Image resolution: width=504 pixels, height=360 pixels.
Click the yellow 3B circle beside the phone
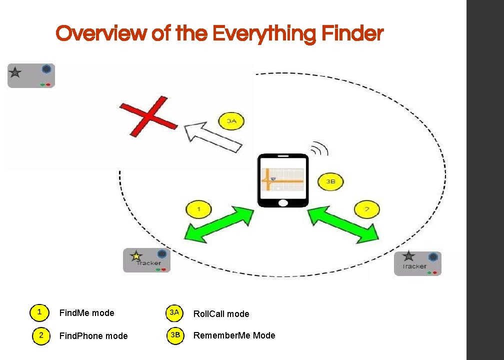click(x=330, y=181)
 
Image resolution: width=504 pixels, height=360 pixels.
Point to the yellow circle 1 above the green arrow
click(x=198, y=208)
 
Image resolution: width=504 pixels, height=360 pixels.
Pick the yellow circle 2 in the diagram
click(x=366, y=209)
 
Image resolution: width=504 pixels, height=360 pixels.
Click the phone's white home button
click(x=282, y=202)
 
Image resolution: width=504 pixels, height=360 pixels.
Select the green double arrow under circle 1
click(x=219, y=225)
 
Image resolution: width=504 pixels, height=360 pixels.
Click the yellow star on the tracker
click(x=135, y=256)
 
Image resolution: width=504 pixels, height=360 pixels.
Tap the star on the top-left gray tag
click(x=15, y=73)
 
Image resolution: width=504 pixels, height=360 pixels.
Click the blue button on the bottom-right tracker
click(x=433, y=257)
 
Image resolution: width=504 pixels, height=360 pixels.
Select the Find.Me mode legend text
click(x=86, y=313)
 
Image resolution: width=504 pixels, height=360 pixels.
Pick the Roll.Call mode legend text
click(x=221, y=314)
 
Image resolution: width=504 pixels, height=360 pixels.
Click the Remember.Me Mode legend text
click(x=234, y=335)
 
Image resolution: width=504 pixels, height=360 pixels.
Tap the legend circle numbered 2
click(x=41, y=335)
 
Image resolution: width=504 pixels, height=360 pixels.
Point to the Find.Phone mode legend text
click(x=93, y=336)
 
